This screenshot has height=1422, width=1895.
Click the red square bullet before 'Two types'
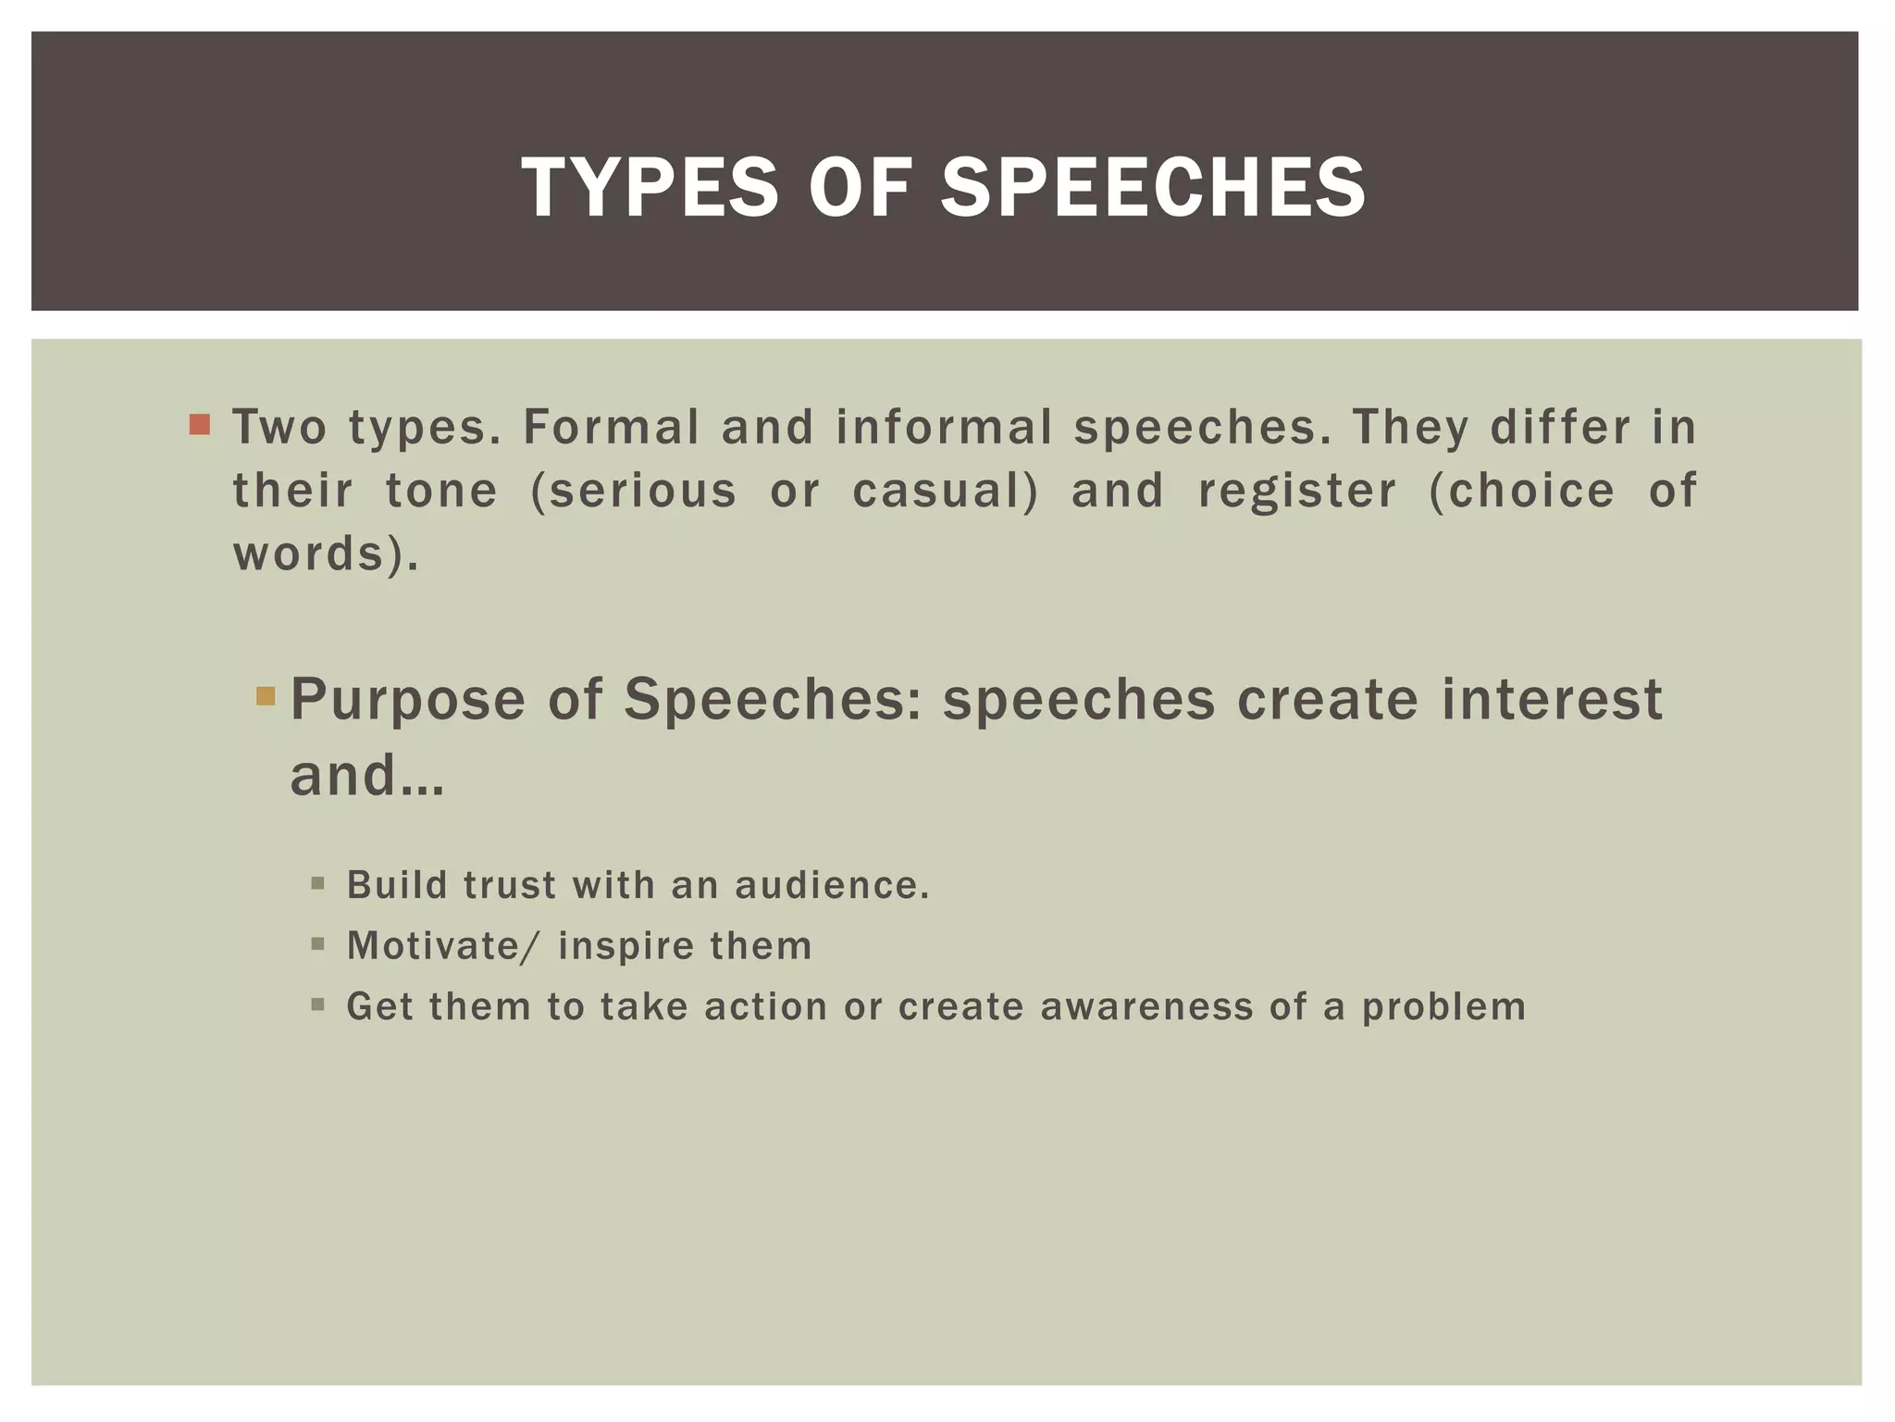click(x=199, y=425)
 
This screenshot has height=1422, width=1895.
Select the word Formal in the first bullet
click(x=611, y=428)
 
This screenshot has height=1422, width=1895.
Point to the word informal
click(x=944, y=428)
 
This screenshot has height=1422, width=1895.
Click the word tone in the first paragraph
click(x=441, y=491)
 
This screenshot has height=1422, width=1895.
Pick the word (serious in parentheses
click(x=634, y=491)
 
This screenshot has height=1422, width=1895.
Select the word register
click(x=1297, y=491)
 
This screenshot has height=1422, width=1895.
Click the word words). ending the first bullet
click(x=326, y=554)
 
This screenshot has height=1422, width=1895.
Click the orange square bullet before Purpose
click(x=266, y=695)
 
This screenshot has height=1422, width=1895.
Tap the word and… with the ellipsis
click(x=367, y=775)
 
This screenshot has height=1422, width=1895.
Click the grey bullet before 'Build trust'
click(x=318, y=884)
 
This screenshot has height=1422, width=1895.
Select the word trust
click(x=510, y=885)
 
